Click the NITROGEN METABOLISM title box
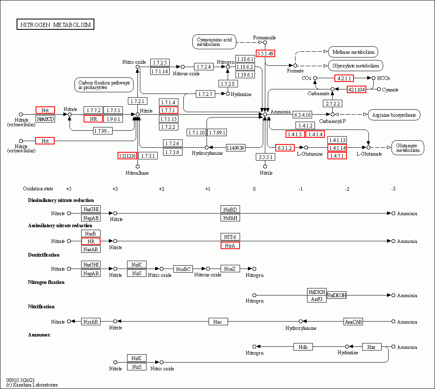(x=55, y=25)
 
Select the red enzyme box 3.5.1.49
(x=265, y=53)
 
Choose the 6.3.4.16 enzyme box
(x=303, y=114)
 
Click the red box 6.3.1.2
(x=285, y=148)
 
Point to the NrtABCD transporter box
(x=45, y=119)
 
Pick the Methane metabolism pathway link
(x=353, y=52)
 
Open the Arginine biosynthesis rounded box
(x=394, y=115)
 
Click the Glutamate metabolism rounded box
(x=408, y=148)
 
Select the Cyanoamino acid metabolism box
(x=214, y=42)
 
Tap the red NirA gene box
(x=230, y=245)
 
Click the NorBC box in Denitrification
(x=183, y=269)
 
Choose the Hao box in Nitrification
(x=218, y=322)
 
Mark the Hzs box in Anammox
(x=371, y=347)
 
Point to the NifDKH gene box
(x=317, y=292)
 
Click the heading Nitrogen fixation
(x=46, y=282)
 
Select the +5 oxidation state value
(x=69, y=189)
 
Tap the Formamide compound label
(x=264, y=38)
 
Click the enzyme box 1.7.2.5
(x=160, y=63)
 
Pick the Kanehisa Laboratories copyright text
(x=32, y=385)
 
